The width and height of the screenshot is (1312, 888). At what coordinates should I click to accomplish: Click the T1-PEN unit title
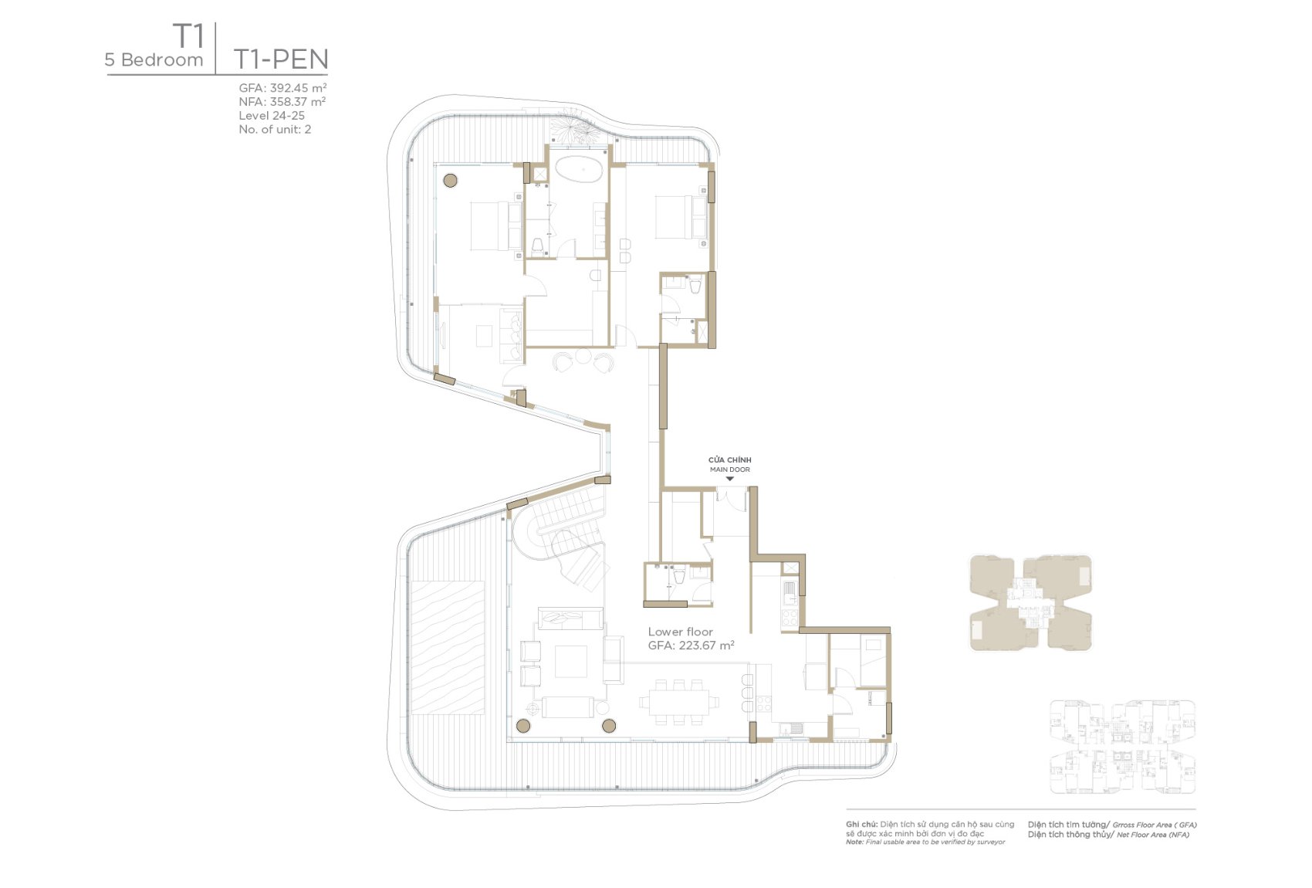[x=281, y=59]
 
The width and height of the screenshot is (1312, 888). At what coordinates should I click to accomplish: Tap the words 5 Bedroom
[x=154, y=59]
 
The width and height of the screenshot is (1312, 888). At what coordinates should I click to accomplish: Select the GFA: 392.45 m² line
[x=282, y=88]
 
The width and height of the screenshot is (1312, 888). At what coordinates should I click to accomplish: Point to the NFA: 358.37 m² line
[x=282, y=101]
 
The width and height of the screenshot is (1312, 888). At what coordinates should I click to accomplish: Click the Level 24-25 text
[x=272, y=116]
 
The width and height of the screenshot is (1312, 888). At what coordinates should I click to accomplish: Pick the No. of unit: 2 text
[x=275, y=129]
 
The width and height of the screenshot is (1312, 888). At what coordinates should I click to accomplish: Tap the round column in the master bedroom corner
[x=450, y=180]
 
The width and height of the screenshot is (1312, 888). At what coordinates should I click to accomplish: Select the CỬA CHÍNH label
[x=730, y=460]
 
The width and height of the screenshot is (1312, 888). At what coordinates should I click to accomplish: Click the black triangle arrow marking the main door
[x=730, y=479]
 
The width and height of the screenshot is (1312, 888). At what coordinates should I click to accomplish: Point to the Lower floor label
[x=680, y=632]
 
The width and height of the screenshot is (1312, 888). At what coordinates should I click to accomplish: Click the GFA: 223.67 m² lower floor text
[x=692, y=646]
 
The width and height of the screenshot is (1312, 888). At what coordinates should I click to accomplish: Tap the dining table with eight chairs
[x=679, y=702]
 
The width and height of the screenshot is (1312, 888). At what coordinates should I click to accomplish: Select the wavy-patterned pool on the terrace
[x=448, y=647]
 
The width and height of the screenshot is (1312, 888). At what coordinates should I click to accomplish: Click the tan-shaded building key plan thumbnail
[x=1031, y=602]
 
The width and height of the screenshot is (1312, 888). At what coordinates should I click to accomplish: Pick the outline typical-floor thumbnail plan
[x=1123, y=747]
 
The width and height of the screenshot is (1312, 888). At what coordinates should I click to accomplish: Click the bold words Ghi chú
[x=861, y=824]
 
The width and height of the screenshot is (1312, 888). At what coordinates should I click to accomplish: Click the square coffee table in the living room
[x=570, y=662]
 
